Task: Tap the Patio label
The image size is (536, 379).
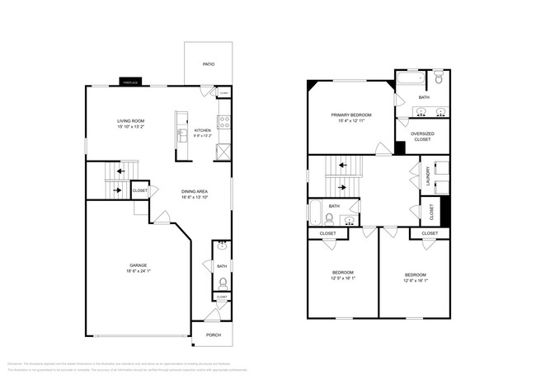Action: pos(210,64)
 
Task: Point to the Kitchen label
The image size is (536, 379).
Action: pos(202,130)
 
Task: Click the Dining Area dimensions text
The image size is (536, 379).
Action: pos(195,198)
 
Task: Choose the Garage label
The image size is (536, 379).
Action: pos(138,264)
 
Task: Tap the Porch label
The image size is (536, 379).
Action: pos(213,334)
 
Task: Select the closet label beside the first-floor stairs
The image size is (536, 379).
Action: pos(140,191)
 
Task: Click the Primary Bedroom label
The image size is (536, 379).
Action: pos(350,115)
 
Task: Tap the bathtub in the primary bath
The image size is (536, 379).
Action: pos(410,80)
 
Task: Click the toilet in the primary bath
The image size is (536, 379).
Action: pos(440,79)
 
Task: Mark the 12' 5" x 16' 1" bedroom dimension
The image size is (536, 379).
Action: pos(343,279)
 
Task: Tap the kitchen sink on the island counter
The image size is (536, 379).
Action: pos(180,134)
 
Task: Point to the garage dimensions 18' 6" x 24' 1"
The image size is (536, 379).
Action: pos(138,271)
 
